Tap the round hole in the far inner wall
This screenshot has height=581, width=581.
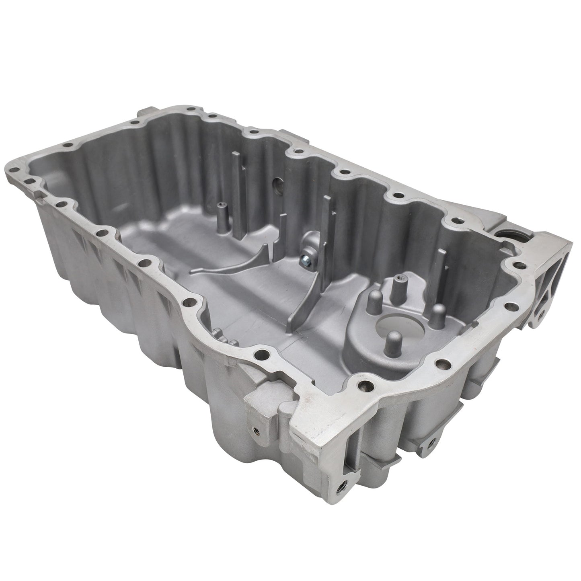click(277, 186)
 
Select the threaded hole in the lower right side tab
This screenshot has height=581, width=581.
click(431, 441)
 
